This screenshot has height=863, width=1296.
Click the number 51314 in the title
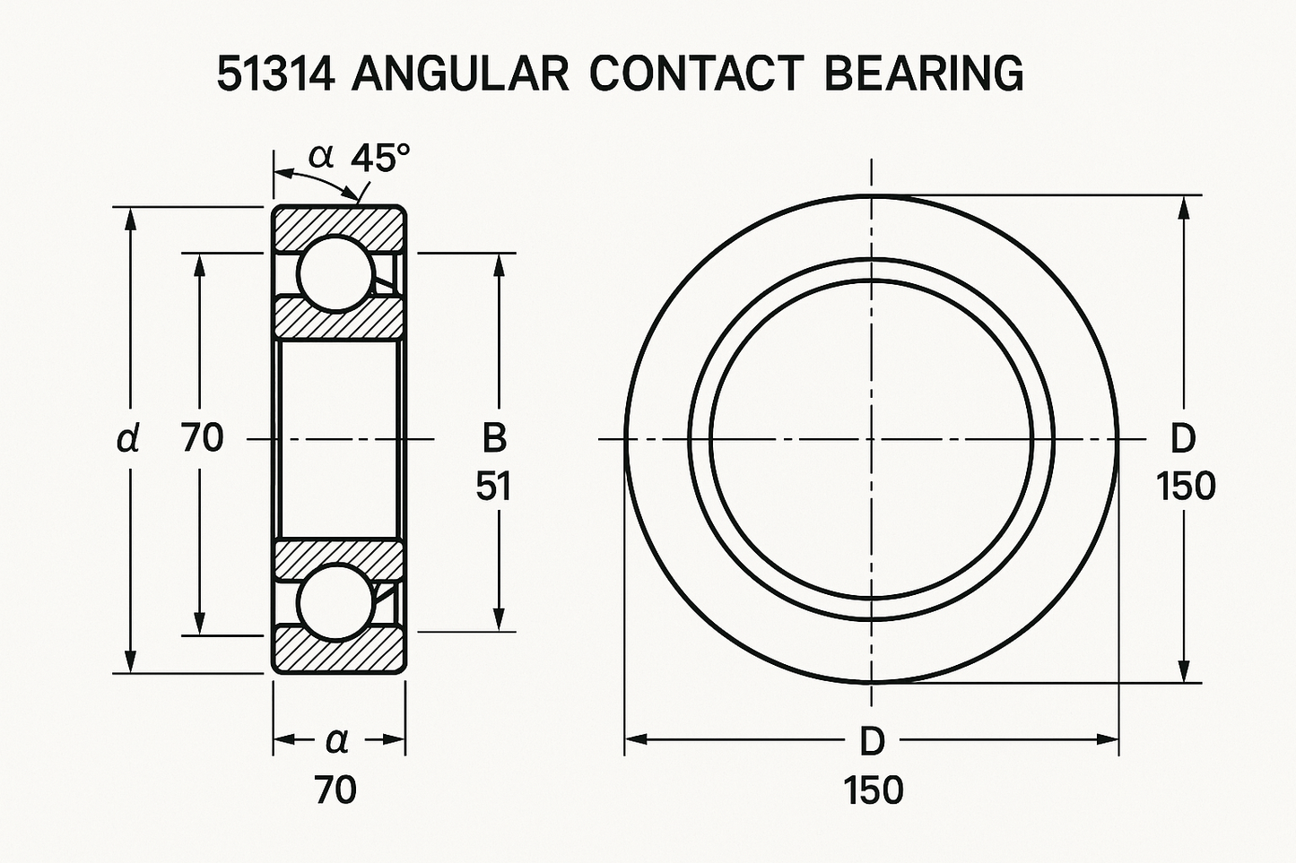coord(275,75)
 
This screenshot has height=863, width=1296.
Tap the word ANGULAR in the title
coord(460,75)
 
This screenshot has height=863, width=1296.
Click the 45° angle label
coord(380,158)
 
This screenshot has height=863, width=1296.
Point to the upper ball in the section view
coord(336,273)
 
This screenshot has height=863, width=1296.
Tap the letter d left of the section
coord(128,439)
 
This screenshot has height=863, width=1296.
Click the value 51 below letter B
coord(493,486)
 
